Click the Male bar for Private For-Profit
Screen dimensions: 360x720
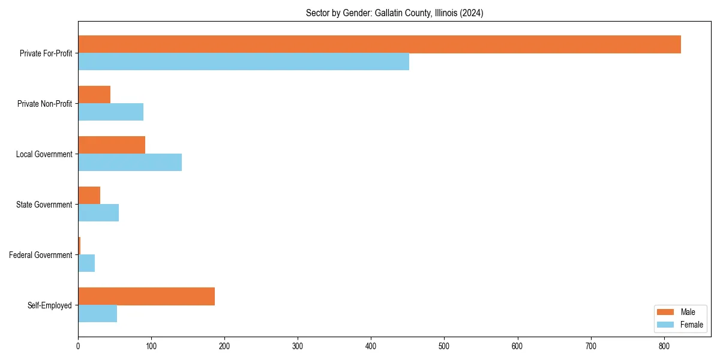pyautogui.click(x=379, y=44)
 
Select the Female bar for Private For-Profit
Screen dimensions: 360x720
pyautogui.click(x=244, y=62)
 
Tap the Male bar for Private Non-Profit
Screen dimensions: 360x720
pyautogui.click(x=94, y=95)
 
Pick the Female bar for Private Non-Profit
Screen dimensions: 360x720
pyautogui.click(x=110, y=112)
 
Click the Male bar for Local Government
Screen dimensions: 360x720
pyautogui.click(x=112, y=145)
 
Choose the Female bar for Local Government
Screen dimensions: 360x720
pyautogui.click(x=130, y=163)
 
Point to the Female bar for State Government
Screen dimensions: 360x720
pyautogui.click(x=98, y=213)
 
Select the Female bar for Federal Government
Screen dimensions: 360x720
pyautogui.click(x=86, y=263)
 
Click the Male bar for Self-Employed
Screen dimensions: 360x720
pyautogui.click(x=146, y=296)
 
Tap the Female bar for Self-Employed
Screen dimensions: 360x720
pyautogui.click(x=97, y=314)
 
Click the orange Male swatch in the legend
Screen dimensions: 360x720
pyautogui.click(x=665, y=312)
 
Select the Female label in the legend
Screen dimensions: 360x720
pyautogui.click(x=691, y=325)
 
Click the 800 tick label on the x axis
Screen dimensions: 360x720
pyautogui.click(x=664, y=346)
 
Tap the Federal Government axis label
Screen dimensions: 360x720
pyautogui.click(x=40, y=255)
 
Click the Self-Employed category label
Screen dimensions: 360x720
pyautogui.click(x=49, y=305)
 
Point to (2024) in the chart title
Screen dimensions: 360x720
pyautogui.click(x=472, y=13)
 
